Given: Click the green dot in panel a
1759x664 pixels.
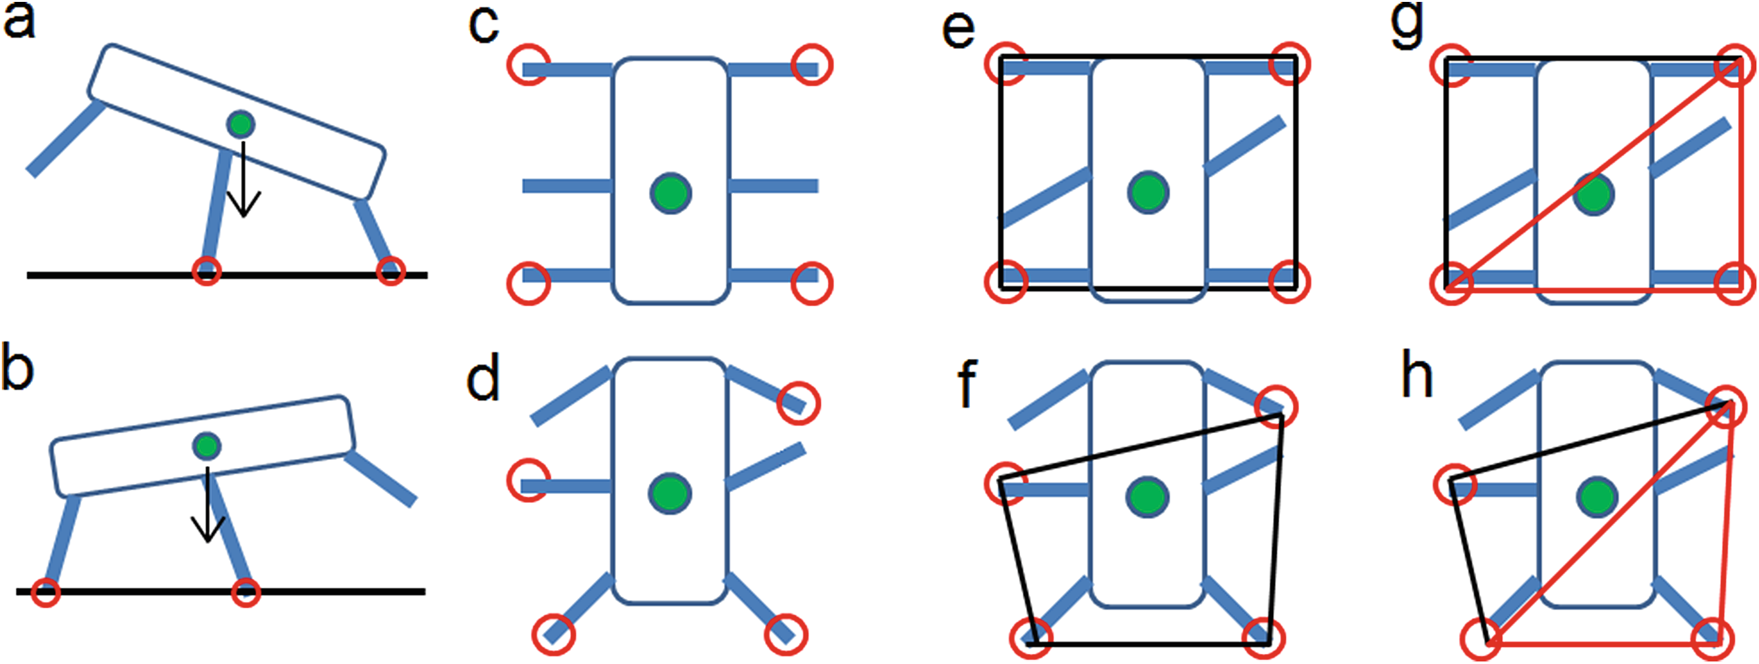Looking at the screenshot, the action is point(240,124).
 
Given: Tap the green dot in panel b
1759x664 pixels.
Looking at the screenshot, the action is point(206,446).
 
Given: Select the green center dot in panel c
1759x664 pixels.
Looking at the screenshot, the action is point(670,193).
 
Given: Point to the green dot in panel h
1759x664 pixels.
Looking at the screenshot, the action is point(1597,496).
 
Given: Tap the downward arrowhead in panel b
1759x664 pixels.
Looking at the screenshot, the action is point(207,527).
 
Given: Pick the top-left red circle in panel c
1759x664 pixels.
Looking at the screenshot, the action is point(528,64).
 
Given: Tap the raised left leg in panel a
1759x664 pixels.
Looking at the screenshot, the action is point(63,138).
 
